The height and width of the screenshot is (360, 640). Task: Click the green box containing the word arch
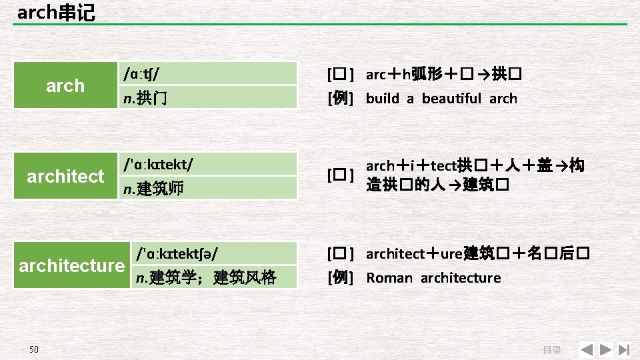(x=65, y=85)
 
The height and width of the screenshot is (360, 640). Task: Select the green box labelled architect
(x=65, y=176)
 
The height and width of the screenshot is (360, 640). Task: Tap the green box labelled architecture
(x=71, y=265)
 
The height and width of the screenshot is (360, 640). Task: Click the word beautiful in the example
(x=451, y=99)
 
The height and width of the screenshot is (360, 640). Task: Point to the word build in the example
(x=383, y=99)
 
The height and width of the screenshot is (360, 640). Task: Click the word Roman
(x=389, y=277)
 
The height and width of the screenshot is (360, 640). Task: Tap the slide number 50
(x=34, y=349)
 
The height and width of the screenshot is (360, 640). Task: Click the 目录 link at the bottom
(x=551, y=350)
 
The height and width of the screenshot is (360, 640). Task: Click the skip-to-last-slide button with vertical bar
(x=624, y=349)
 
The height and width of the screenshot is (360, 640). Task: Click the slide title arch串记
(x=56, y=12)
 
